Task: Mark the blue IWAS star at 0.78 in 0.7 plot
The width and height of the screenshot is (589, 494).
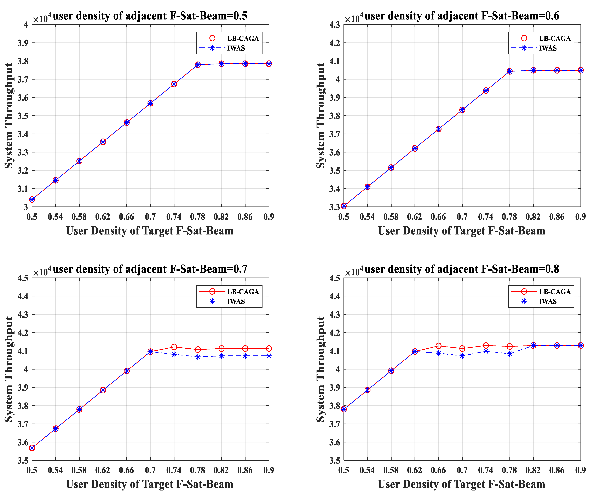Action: (198, 357)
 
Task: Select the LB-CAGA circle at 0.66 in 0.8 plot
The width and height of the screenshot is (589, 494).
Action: (438, 346)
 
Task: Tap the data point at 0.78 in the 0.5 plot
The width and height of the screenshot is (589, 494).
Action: (198, 65)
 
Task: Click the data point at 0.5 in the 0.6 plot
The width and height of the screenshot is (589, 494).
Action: (344, 206)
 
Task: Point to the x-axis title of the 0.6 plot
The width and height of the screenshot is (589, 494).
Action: (461, 231)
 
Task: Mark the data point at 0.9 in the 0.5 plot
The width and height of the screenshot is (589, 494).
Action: (269, 64)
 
